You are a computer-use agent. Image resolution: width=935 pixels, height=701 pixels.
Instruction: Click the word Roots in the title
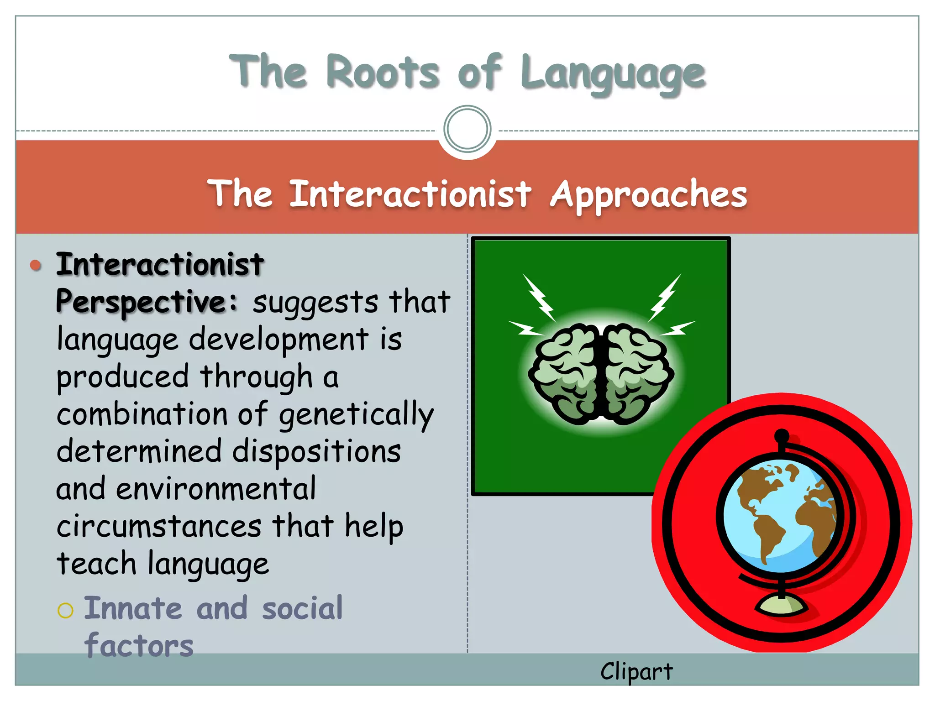pyautogui.click(x=383, y=72)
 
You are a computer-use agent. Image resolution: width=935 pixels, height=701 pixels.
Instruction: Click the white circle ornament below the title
pyautogui.click(x=467, y=129)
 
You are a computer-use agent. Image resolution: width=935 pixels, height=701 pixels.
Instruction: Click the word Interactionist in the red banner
pyautogui.click(x=410, y=194)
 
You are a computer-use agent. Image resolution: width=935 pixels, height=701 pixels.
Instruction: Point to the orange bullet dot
pyautogui.click(x=36, y=265)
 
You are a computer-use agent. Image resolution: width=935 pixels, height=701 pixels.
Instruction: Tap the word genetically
pyautogui.click(x=356, y=414)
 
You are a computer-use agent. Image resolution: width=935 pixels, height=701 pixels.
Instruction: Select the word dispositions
pyautogui.click(x=316, y=451)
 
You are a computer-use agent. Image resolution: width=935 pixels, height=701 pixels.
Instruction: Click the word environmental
pyautogui.click(x=215, y=489)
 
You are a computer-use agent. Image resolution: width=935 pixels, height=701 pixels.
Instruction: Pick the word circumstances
pyautogui.click(x=159, y=526)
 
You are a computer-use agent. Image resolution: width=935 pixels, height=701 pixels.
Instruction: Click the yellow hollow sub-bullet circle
pyautogui.click(x=65, y=610)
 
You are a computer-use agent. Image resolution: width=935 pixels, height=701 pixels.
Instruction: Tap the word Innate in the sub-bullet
pyautogui.click(x=133, y=608)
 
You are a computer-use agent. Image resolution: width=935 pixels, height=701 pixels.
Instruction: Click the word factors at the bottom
pyautogui.click(x=139, y=646)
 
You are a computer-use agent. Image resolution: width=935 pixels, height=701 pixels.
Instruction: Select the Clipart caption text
pyautogui.click(x=636, y=672)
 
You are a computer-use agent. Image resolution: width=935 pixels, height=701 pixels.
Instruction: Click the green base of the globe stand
pyautogui.click(x=781, y=606)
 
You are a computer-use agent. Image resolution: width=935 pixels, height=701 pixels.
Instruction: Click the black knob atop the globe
pyautogui.click(x=782, y=436)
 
